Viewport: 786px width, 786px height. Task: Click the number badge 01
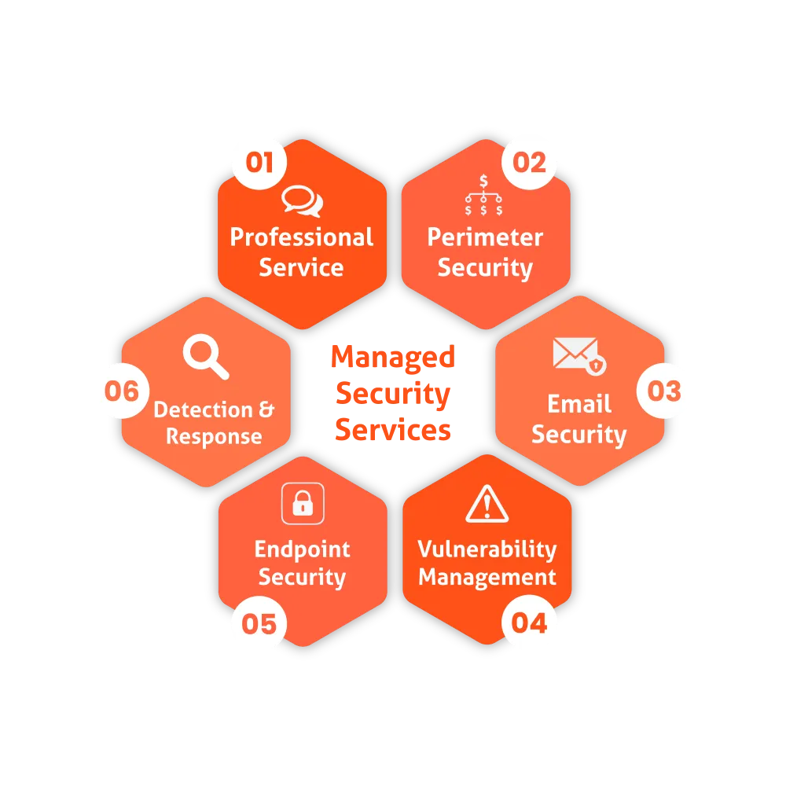click(259, 163)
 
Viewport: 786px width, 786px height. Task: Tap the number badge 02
click(529, 163)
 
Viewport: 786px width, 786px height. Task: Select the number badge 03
click(664, 391)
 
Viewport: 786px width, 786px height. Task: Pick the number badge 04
click(529, 623)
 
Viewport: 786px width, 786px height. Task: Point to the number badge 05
click(259, 624)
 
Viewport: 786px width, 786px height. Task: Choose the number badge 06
click(121, 391)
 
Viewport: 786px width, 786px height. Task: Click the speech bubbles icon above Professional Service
click(302, 201)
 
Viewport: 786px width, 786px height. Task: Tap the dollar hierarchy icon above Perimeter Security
click(483, 196)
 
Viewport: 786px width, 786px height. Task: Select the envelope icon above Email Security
click(579, 355)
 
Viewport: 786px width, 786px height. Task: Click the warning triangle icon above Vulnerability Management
click(487, 505)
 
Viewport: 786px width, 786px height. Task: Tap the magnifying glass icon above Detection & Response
click(206, 358)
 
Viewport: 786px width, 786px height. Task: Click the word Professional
click(302, 237)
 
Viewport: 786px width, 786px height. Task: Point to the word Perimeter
click(485, 237)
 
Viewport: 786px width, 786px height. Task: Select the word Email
click(579, 404)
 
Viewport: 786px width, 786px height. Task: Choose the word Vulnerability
click(487, 549)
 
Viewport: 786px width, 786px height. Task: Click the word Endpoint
click(303, 549)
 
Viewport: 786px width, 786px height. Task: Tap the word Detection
click(203, 410)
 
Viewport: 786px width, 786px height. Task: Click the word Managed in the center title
click(392, 357)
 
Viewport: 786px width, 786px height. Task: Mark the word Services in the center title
click(392, 430)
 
